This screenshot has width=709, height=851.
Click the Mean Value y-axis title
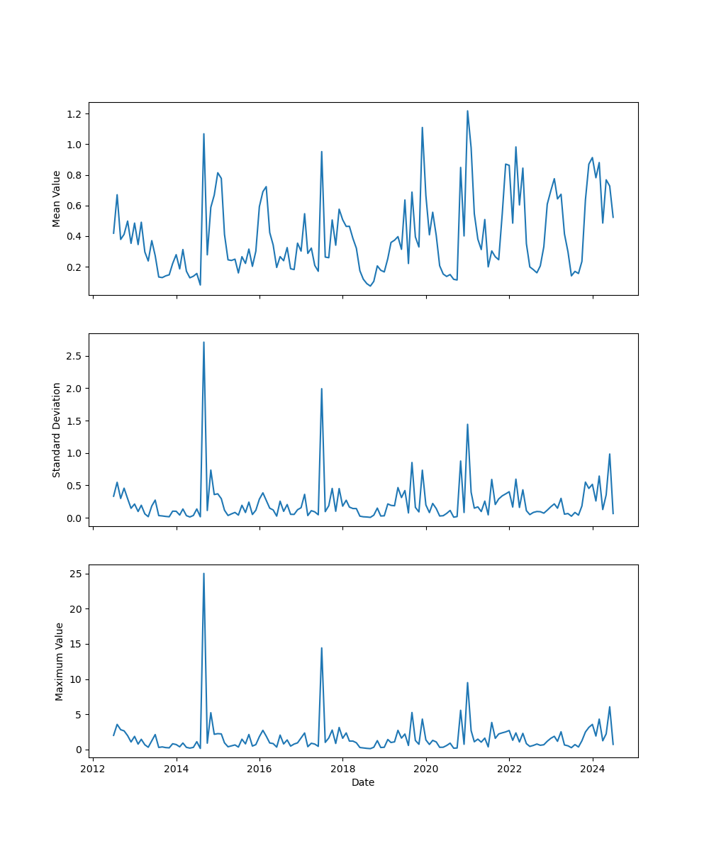click(57, 199)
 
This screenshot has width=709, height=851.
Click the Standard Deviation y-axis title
click(57, 430)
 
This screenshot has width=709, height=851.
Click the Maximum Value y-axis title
click(60, 661)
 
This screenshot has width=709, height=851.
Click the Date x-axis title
click(363, 782)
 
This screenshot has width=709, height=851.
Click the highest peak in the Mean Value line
click(467, 111)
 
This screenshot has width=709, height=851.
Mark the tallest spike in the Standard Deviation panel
click(203, 342)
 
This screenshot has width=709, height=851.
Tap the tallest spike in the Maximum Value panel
click(203, 573)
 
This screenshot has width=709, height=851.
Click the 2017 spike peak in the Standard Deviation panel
click(321, 389)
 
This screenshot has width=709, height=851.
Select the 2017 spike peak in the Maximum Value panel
click(321, 647)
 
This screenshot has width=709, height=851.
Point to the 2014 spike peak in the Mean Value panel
click(203, 133)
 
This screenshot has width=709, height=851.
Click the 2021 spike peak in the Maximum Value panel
click(467, 682)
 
